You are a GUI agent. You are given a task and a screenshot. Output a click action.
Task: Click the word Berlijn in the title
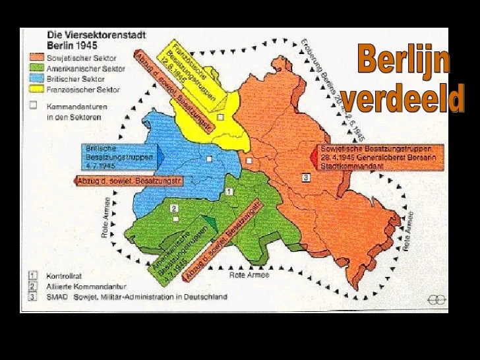tap(404, 61)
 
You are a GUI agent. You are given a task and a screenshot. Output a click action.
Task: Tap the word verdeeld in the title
tap(404, 100)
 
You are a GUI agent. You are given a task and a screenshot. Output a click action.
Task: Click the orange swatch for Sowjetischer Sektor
tap(34, 57)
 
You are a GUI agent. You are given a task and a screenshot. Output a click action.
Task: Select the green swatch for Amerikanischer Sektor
tap(34, 68)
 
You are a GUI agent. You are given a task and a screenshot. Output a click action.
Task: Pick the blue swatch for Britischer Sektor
tap(34, 78)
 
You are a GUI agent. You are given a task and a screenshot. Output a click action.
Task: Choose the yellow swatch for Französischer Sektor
tap(34, 88)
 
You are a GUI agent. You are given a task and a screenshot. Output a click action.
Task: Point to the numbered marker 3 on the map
tap(306, 177)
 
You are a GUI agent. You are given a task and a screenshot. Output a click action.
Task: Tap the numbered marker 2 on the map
tap(174, 209)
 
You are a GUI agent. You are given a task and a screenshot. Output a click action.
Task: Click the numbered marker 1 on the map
tap(228, 191)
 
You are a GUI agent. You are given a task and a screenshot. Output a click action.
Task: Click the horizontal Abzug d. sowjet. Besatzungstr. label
tap(129, 181)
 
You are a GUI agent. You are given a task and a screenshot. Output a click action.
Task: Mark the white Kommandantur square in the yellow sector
tap(220, 117)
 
